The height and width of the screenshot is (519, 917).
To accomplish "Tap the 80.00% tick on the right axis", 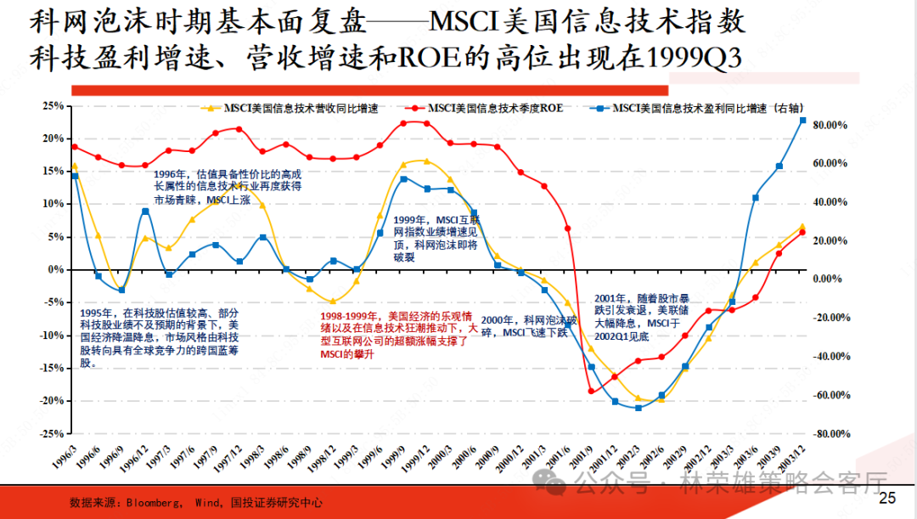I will pyautogui.click(x=831, y=125).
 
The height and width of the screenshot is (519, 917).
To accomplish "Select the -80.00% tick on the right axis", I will pyautogui.click(x=830, y=433).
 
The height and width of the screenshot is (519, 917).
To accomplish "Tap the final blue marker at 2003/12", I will pyautogui.click(x=802, y=120).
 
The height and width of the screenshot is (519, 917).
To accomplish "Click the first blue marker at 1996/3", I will pyautogui.click(x=75, y=176).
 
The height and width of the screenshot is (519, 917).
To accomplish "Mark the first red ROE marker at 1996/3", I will pyautogui.click(x=75, y=147).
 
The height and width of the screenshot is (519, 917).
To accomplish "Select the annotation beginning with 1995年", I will pyautogui.click(x=160, y=337).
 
